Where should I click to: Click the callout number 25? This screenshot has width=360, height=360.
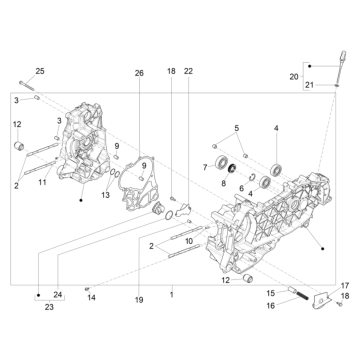click(40, 71)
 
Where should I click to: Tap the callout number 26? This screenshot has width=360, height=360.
click(139, 73)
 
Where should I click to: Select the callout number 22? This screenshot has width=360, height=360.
click(188, 72)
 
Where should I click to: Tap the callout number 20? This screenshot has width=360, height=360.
click(293, 76)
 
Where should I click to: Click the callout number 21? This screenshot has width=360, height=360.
click(308, 87)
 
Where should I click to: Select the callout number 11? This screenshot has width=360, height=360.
click(42, 183)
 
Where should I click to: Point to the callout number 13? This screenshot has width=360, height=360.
click(105, 197)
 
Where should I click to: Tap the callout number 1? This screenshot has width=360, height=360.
click(171, 295)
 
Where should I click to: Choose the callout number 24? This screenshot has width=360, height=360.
click(58, 293)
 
